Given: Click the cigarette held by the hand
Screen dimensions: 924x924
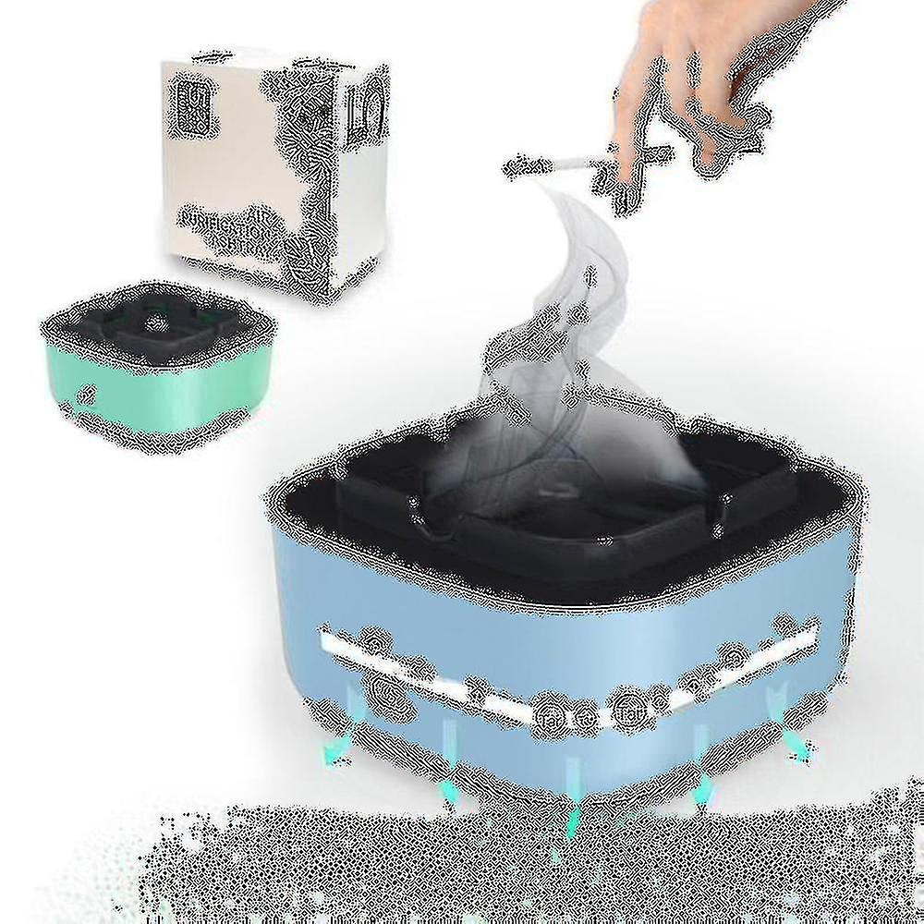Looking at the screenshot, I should click(x=564, y=167).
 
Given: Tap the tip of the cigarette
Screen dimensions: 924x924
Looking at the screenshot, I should click(x=510, y=166).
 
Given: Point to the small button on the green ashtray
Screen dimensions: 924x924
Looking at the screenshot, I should click(x=87, y=392).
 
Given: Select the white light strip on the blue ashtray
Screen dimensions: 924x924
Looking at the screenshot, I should click(x=564, y=670).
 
